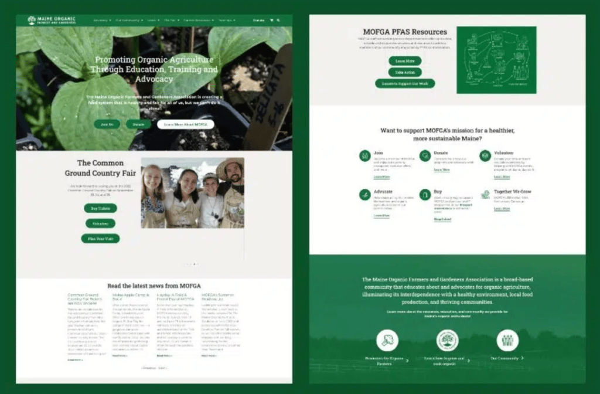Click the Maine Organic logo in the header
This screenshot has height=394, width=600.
click(52, 20)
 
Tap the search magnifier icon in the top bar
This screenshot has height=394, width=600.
click(278, 20)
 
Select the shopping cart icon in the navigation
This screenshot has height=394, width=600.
click(271, 20)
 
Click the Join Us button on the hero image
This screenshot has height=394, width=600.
click(107, 124)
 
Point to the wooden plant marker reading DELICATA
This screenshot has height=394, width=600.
click(271, 94)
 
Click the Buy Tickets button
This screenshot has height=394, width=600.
click(100, 208)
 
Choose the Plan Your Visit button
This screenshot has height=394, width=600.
click(100, 239)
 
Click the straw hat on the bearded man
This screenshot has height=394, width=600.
click(230, 167)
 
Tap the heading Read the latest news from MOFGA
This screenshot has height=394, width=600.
click(154, 286)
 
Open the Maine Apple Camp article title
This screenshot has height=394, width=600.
click(125, 297)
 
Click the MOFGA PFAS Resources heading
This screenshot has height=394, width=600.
click(404, 32)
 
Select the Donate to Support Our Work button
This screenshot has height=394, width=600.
click(405, 84)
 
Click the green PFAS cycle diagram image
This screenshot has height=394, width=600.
click(496, 60)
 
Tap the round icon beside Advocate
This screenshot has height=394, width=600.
click(364, 195)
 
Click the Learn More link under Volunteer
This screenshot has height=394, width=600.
click(502, 176)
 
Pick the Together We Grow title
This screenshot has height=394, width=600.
click(512, 191)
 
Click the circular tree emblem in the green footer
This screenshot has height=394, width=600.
click(447, 340)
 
